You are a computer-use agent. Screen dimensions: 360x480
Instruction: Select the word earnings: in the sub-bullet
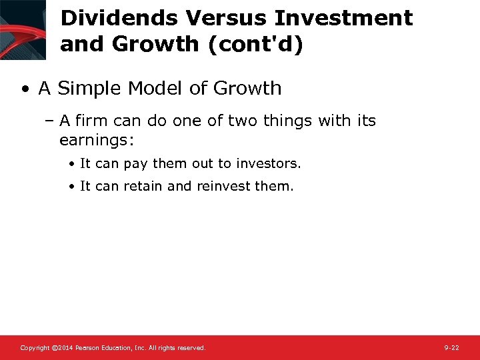coord(97,140)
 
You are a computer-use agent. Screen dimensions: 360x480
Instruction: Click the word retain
coord(142,187)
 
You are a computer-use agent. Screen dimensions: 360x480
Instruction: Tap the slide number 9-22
coord(451,348)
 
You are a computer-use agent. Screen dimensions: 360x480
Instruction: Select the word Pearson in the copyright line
coord(89,348)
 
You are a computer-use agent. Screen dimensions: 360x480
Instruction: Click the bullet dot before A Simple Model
coord(25,89)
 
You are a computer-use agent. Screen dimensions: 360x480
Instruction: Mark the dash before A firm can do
coord(51,121)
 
